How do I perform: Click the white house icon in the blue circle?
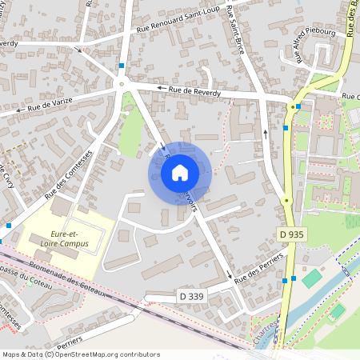click(180, 172)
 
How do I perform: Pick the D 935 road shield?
click(293, 234)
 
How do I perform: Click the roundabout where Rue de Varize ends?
click(122, 83)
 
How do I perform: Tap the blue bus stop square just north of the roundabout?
click(122, 66)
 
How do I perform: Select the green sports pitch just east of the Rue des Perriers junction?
click(311, 278)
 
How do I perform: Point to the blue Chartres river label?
click(278, 330)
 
